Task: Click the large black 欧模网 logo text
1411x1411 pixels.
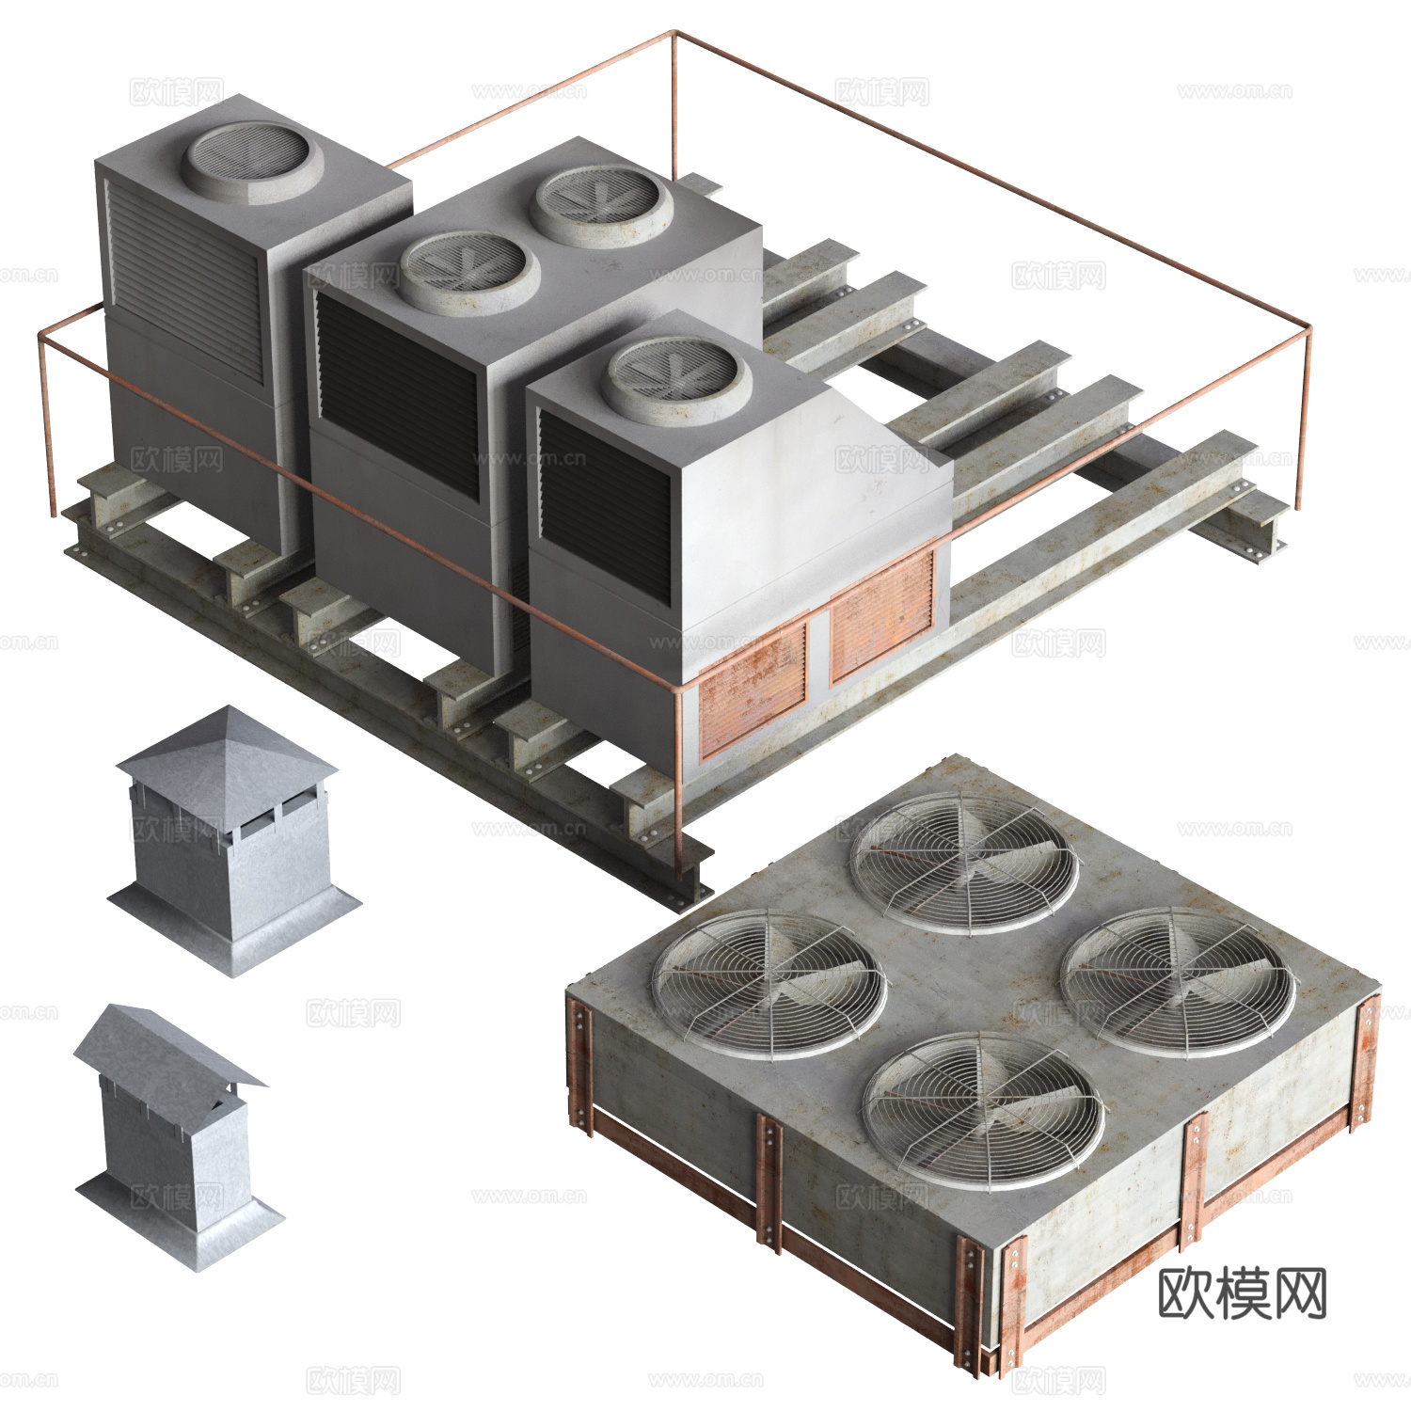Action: click(x=1242, y=1293)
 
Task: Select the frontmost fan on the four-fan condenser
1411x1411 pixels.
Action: click(x=983, y=1110)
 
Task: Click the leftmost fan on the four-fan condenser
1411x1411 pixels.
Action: click(x=769, y=983)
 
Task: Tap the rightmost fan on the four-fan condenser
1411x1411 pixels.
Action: click(x=1178, y=981)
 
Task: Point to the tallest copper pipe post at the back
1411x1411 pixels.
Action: click(x=674, y=103)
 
